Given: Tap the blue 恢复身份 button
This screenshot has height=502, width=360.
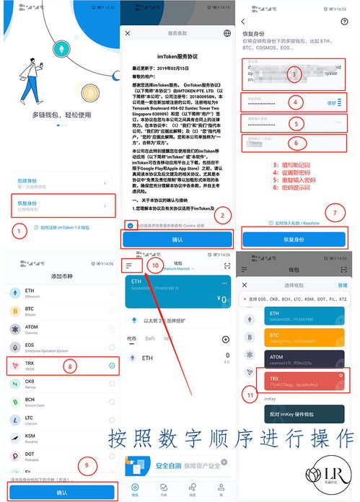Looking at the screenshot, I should coord(299,239).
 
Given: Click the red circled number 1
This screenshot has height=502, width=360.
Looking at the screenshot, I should coord(18,230).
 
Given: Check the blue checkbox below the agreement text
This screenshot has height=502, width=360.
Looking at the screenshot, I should coord(130,224).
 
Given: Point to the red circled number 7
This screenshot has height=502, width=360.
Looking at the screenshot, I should coord(333,213).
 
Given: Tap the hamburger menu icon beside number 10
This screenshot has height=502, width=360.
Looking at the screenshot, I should coord(128,265).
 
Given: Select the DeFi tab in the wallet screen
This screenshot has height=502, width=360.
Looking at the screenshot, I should coord(151,338).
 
